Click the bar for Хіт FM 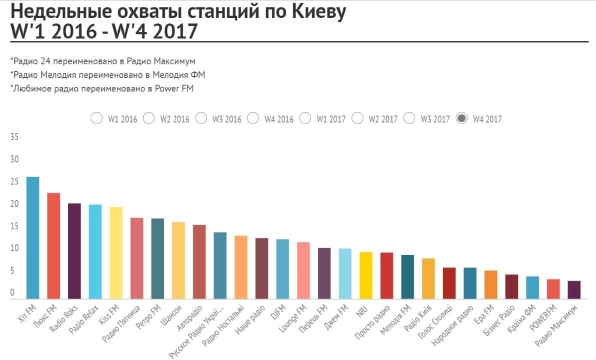(x=33, y=237)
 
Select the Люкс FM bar (x=53, y=245)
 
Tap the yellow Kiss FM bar (x=116, y=252)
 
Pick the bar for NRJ (x=366, y=275)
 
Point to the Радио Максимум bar (x=574, y=289)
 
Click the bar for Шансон (x=178, y=260)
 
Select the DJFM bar (x=282, y=268)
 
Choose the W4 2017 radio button (x=462, y=118)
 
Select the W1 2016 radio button (x=96, y=118)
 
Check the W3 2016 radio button (x=201, y=118)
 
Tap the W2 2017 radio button (x=357, y=118)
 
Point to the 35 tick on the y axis (x=14, y=137)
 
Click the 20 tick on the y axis (x=14, y=204)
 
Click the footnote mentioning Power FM (x=101, y=88)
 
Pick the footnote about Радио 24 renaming (x=102, y=60)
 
